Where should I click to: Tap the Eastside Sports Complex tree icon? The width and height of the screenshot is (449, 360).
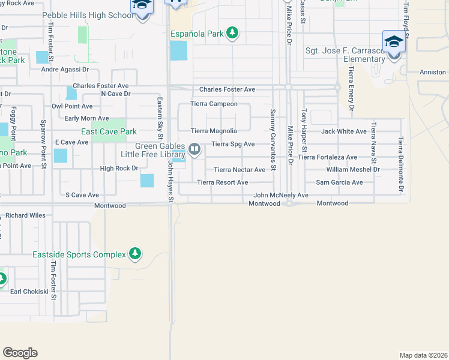pyautogui.click(x=136, y=254)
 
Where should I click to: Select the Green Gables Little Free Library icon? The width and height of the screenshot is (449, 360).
pyautogui.click(x=194, y=148)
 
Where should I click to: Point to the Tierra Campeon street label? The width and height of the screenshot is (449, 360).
pyautogui.click(x=214, y=104)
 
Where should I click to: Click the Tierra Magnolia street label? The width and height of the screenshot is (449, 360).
pyautogui.click(x=214, y=131)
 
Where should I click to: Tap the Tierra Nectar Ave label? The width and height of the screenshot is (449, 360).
pyautogui.click(x=240, y=170)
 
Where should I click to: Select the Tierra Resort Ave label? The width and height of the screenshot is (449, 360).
pyautogui.click(x=223, y=182)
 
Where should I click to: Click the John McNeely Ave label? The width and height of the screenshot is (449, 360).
pyautogui.click(x=281, y=195)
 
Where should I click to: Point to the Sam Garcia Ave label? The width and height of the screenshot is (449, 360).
pyautogui.click(x=340, y=182)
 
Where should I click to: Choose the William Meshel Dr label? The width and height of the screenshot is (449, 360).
pyautogui.click(x=353, y=170)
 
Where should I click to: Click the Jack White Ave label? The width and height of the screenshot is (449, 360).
pyautogui.click(x=344, y=131)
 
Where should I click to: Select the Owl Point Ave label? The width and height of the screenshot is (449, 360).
pyautogui.click(x=72, y=106)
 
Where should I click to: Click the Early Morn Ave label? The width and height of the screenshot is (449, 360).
pyautogui.click(x=86, y=119)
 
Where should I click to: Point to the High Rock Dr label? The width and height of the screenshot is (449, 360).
pyautogui.click(x=119, y=169)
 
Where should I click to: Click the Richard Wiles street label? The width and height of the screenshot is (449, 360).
pyautogui.click(x=26, y=215)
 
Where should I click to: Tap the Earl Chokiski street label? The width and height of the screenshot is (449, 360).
pyautogui.click(x=29, y=292)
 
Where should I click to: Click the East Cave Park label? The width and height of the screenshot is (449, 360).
pyautogui.click(x=109, y=131)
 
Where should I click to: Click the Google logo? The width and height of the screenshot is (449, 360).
pyautogui.click(x=20, y=353)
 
